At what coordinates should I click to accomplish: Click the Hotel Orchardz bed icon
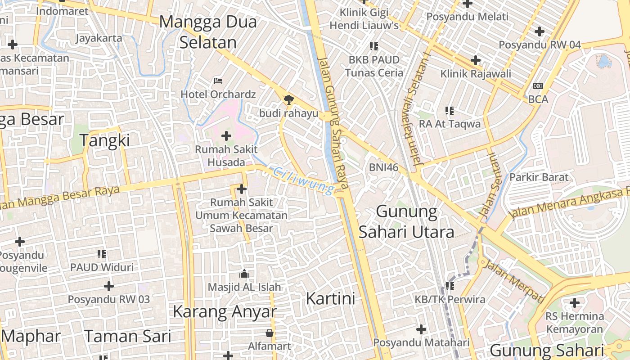tap(218, 81)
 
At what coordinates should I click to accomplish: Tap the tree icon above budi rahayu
tap(288, 99)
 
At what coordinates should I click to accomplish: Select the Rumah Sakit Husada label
tap(226, 156)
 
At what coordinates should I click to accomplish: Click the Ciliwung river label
tap(304, 181)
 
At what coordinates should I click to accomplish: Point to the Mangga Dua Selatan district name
tap(208, 32)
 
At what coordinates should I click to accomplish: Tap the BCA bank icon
tap(538, 85)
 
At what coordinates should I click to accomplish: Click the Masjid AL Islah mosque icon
tap(244, 274)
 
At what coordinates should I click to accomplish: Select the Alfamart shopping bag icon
tap(270, 333)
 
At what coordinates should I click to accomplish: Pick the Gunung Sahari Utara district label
tap(406, 221)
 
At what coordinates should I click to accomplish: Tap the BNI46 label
tap(384, 167)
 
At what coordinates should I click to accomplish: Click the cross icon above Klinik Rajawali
tap(475, 60)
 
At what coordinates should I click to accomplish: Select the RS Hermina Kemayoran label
tap(575, 323)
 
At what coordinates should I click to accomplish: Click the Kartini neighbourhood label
tap(331, 298)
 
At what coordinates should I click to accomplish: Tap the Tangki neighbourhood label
tap(104, 140)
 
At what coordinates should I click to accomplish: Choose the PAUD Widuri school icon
tap(102, 254)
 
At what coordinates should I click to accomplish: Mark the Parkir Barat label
tap(539, 177)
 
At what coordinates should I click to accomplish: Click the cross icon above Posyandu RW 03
tap(109, 286)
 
